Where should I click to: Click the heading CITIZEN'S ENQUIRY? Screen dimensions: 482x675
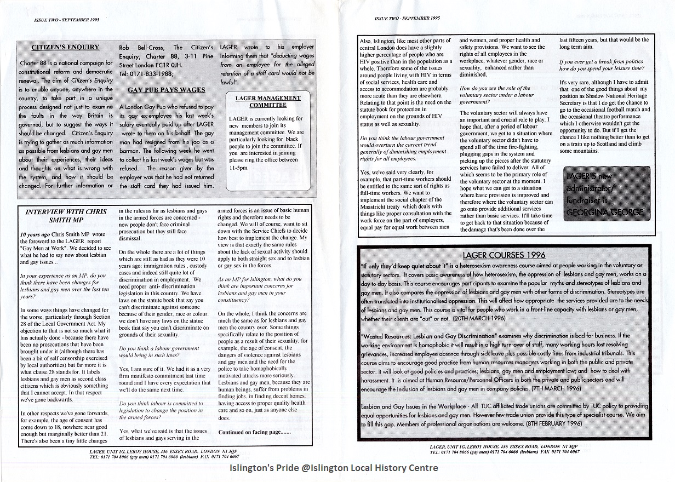(x=65, y=48)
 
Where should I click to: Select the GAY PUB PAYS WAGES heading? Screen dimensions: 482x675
(x=166, y=90)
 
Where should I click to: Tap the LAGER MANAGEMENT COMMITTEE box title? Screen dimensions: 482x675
(x=268, y=101)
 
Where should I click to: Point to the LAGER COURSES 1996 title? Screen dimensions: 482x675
(x=504, y=255)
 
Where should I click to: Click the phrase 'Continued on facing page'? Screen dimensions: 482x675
(x=254, y=432)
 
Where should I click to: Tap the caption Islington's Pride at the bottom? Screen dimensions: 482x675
(x=333, y=468)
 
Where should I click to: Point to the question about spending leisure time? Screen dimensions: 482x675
(x=601, y=65)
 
